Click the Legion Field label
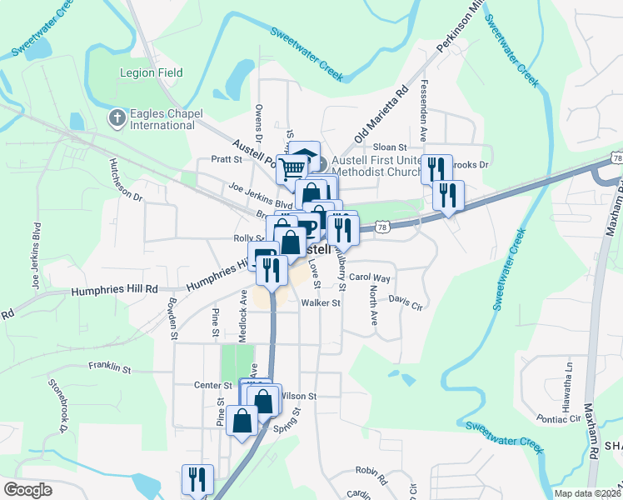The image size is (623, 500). coord(151,72)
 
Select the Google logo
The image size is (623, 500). coord(27,490)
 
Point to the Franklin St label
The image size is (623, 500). coord(111,367)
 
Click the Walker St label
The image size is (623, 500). coord(321,303)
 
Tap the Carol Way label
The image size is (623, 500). coord(370,277)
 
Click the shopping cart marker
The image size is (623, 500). coord(292,169)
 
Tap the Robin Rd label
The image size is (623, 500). coord(371,475)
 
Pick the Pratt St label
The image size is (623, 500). coord(226,159)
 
